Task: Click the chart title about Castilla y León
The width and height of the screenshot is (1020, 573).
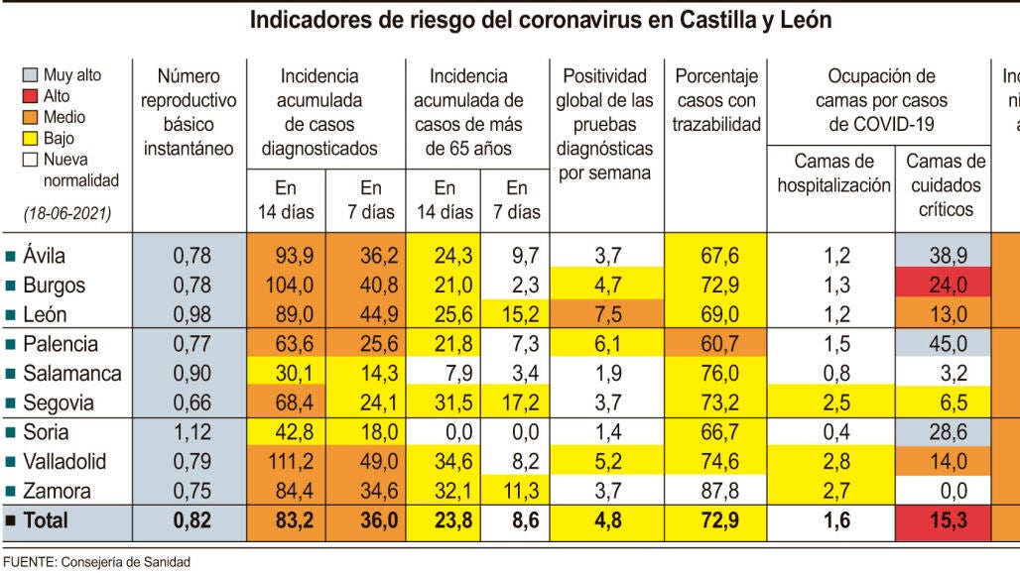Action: point(541,20)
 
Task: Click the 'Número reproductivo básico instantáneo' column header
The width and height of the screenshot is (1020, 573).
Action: point(189,112)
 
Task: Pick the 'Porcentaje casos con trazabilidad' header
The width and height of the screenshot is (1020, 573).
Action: point(716,100)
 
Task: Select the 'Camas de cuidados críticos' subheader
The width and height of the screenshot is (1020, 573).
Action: point(943,185)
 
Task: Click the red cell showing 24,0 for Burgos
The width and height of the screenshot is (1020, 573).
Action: point(942,286)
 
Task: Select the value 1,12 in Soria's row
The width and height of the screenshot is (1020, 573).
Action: point(191,432)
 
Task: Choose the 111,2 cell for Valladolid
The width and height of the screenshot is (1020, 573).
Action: point(287,462)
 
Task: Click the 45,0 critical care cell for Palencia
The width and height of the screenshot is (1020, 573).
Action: point(942,344)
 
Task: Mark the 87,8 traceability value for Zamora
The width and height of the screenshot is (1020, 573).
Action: point(719,491)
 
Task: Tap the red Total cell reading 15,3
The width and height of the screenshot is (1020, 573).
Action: point(942,519)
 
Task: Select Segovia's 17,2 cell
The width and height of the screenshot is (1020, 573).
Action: point(516,403)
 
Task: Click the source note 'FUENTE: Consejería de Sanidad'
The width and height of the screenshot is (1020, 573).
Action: point(95,562)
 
